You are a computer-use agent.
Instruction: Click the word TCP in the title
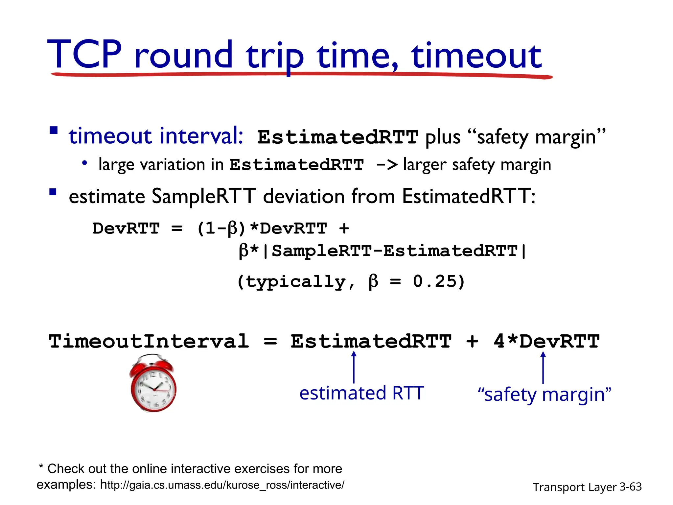click(85, 54)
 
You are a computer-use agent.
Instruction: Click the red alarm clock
click(153, 383)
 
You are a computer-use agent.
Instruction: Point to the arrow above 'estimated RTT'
click(354, 367)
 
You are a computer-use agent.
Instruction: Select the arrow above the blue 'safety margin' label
click(543, 367)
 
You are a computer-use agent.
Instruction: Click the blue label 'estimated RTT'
click(361, 393)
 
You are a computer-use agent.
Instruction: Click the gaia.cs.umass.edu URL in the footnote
click(222, 485)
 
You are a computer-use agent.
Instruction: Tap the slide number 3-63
click(630, 487)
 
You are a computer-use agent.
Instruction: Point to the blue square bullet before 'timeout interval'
click(54, 131)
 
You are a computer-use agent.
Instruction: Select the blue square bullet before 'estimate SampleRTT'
click(53, 192)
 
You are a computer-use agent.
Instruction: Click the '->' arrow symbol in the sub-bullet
click(386, 164)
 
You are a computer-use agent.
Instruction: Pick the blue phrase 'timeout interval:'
click(156, 136)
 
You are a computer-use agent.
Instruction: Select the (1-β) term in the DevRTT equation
click(221, 228)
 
